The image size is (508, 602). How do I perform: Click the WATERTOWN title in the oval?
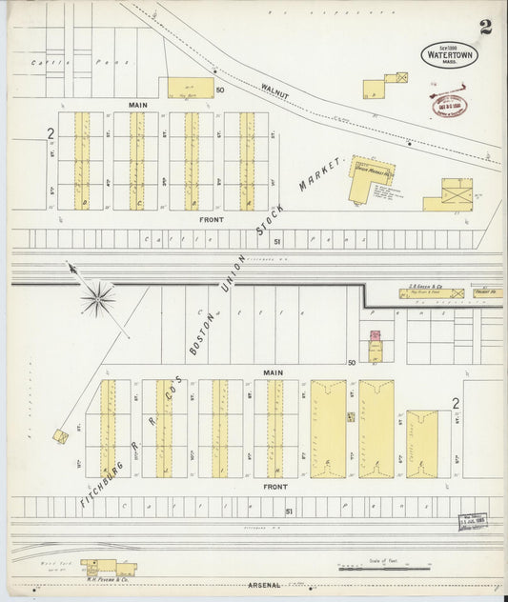click(450, 55)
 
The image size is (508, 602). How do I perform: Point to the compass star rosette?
click(97, 299)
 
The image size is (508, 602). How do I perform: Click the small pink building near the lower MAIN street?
click(376, 335)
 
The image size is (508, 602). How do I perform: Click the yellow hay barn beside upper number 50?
click(191, 88)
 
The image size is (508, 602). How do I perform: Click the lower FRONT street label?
click(275, 486)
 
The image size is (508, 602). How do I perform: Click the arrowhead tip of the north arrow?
click(71, 269)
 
